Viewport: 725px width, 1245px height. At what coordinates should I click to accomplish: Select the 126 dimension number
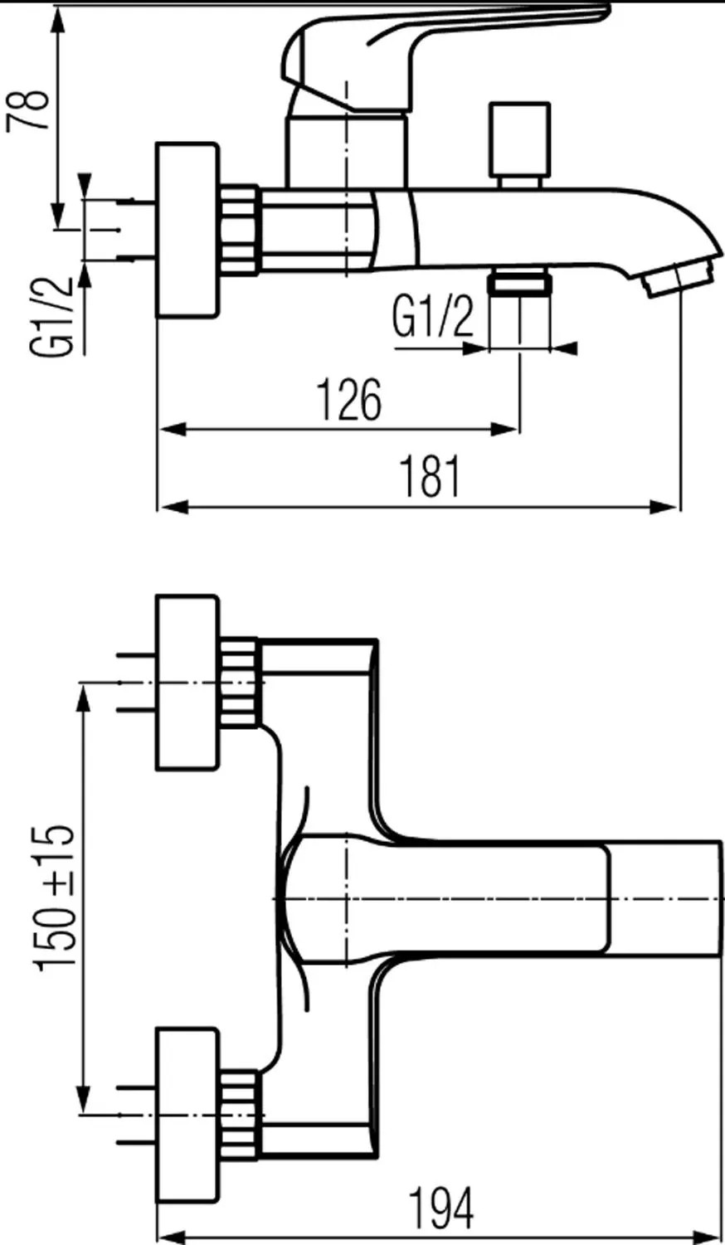pos(348,399)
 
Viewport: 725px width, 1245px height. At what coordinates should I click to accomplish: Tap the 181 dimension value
pos(431,476)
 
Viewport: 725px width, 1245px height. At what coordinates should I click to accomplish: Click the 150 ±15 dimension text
pos(55,897)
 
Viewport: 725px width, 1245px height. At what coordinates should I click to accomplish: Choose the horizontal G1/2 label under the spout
pos(433,317)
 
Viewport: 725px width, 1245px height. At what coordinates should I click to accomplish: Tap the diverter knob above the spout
pos(519,144)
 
